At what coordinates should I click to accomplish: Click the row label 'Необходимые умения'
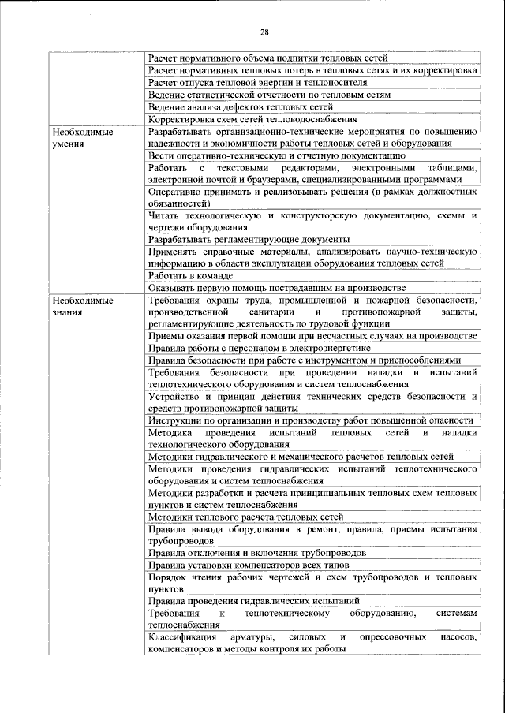[79, 138]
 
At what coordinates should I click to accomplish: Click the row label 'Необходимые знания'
[79, 306]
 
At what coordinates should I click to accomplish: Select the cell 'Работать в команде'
[190, 275]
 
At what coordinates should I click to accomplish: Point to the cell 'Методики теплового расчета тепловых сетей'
[245, 517]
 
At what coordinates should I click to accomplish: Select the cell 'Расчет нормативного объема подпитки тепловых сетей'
[267, 58]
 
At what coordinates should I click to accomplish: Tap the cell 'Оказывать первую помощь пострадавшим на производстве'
[276, 287]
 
